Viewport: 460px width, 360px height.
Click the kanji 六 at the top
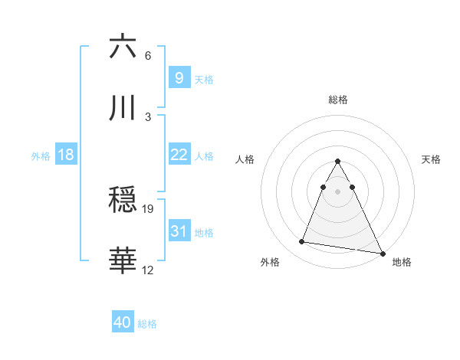point(123,47)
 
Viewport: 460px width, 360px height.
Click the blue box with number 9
point(179,77)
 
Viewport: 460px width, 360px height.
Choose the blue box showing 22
point(179,155)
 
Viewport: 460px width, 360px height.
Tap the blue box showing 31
point(179,231)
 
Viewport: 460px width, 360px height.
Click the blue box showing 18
point(66,155)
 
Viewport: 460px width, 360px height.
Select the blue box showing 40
point(123,323)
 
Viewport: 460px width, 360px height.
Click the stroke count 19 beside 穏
point(148,208)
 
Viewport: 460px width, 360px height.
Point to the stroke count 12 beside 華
point(148,270)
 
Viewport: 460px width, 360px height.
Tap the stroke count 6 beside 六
point(148,56)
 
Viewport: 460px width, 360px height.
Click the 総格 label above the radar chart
point(338,100)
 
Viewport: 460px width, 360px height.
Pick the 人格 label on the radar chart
point(245,159)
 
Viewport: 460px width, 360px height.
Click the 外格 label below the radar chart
point(269,262)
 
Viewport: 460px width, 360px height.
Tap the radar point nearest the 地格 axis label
point(382,253)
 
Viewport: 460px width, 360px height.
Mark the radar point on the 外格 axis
point(302,242)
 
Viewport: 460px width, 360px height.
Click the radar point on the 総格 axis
point(338,162)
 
